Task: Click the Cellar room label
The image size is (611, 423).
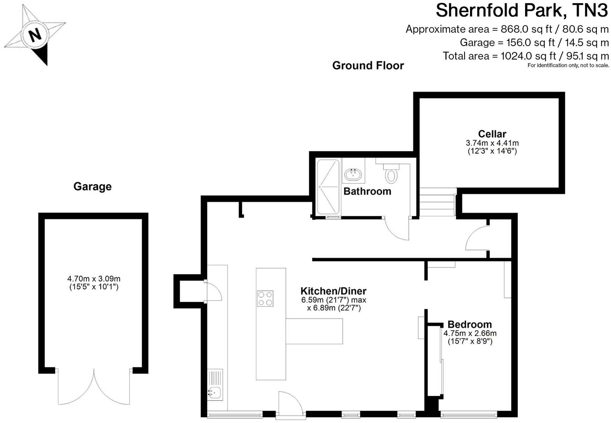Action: click(x=492, y=134)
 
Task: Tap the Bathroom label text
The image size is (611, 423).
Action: click(x=367, y=191)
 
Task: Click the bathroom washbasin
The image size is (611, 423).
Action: click(x=353, y=174)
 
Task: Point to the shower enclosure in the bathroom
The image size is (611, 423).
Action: click(x=328, y=187)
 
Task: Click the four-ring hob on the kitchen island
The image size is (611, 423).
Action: click(x=265, y=298)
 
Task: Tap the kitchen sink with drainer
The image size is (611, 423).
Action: click(x=215, y=385)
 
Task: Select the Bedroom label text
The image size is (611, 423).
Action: click(x=469, y=324)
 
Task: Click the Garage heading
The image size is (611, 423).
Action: click(x=92, y=186)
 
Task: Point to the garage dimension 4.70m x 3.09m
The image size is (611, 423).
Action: click(x=94, y=279)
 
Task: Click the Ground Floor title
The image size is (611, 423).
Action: click(x=368, y=65)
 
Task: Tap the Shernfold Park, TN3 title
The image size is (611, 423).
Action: click(x=522, y=10)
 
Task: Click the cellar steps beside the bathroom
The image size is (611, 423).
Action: click(x=437, y=202)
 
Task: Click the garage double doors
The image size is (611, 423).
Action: click(x=94, y=389)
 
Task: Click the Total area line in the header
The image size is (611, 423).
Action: click(x=525, y=56)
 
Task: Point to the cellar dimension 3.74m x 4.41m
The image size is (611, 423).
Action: click(x=492, y=143)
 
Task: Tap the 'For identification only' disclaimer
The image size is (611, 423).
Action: click(x=568, y=65)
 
